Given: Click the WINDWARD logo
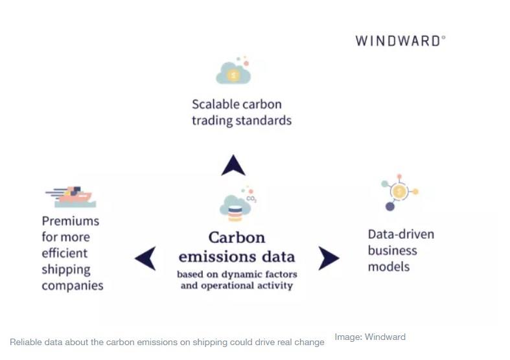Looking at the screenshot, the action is pyautogui.click(x=400, y=41).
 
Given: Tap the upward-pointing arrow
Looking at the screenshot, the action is pyautogui.click(x=233, y=166).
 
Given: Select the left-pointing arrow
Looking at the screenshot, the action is pyautogui.click(x=146, y=258).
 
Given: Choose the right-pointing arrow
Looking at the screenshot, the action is pyautogui.click(x=328, y=258).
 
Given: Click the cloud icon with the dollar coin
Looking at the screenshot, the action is pyautogui.click(x=233, y=71).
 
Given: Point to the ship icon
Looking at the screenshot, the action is pyautogui.click(x=71, y=197).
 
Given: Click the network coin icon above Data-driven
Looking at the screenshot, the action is pyautogui.click(x=399, y=192).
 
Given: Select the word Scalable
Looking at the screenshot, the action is pyautogui.click(x=214, y=105).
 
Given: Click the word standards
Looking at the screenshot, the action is pyautogui.click(x=264, y=120).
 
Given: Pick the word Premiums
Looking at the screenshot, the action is pyautogui.click(x=71, y=221).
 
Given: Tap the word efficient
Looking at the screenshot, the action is pyautogui.click(x=64, y=253).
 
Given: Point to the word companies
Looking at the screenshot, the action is pyautogui.click(x=73, y=286).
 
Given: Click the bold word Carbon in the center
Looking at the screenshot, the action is pyautogui.click(x=237, y=238).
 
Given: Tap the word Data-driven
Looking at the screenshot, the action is pyautogui.click(x=401, y=234).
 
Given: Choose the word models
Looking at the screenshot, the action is pyautogui.click(x=389, y=267).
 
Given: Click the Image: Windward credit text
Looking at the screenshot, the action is pyautogui.click(x=370, y=337).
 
